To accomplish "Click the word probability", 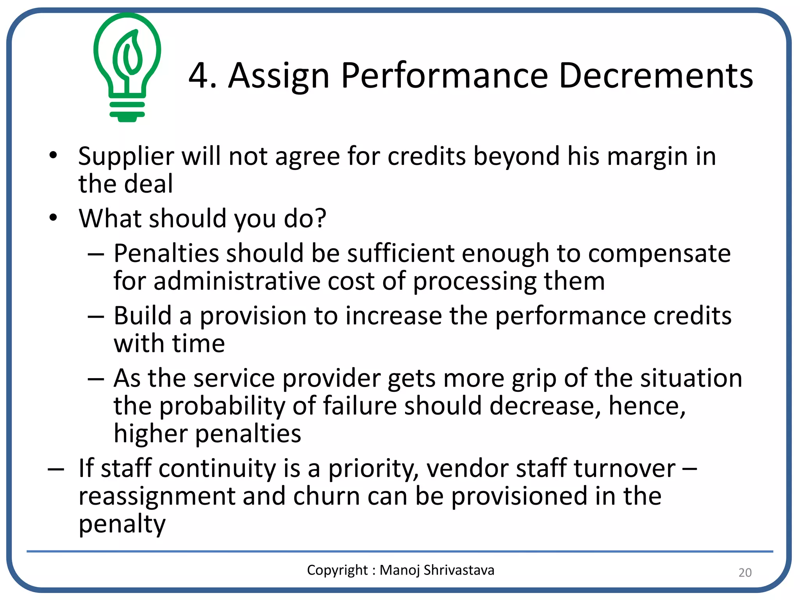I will click(x=222, y=406).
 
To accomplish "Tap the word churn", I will click(x=327, y=496).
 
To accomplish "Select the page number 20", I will click(x=745, y=572).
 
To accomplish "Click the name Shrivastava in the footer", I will click(x=459, y=570).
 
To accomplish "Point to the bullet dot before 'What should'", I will click(x=53, y=218).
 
